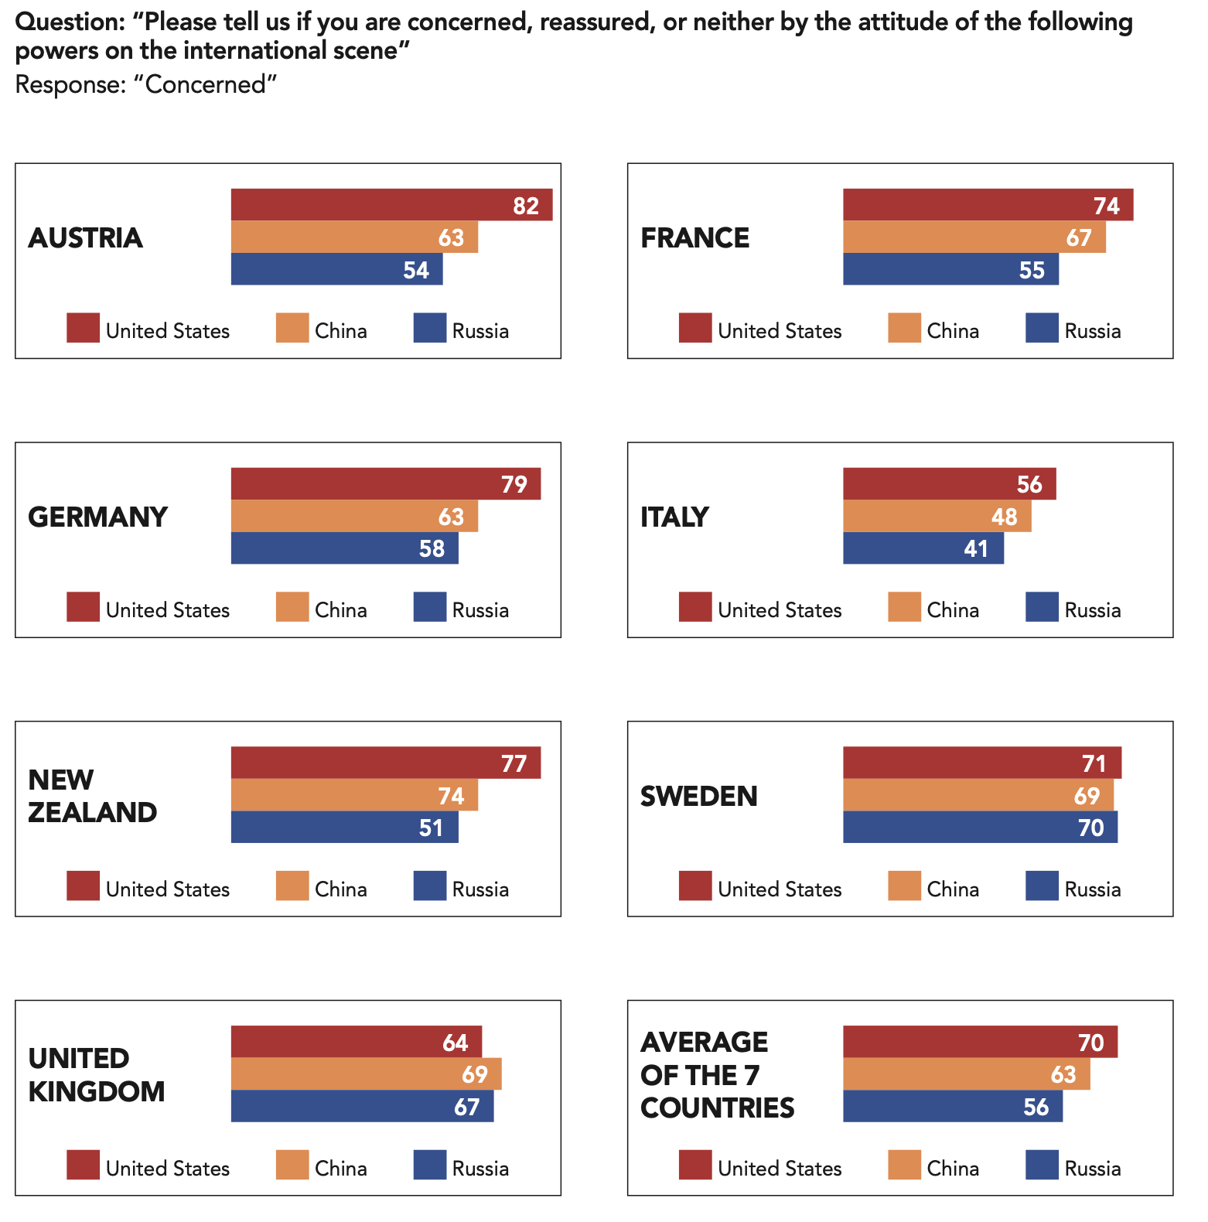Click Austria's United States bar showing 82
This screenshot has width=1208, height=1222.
[x=391, y=205]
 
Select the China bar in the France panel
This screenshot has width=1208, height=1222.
[x=974, y=237]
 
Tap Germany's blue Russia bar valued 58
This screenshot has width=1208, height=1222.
[x=344, y=548]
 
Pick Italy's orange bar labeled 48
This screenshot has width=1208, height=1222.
[x=937, y=516]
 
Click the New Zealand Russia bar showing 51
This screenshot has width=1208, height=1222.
[x=344, y=828]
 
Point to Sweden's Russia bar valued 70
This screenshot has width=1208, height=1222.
[x=980, y=828]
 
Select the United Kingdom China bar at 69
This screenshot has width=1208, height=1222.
[x=366, y=1074]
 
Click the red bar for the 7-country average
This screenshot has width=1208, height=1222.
[x=980, y=1042]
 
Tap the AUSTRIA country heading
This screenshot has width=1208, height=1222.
[x=85, y=237]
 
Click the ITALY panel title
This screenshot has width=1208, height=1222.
[x=674, y=517]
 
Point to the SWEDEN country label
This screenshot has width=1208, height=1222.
[x=698, y=796]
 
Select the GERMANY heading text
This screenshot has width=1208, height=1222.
[x=97, y=517]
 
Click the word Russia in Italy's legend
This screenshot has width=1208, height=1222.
[x=1092, y=610]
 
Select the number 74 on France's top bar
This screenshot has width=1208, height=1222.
[x=1106, y=206]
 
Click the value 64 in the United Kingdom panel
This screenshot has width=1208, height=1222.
[x=455, y=1043]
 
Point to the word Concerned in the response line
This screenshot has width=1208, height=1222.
[x=206, y=84]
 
